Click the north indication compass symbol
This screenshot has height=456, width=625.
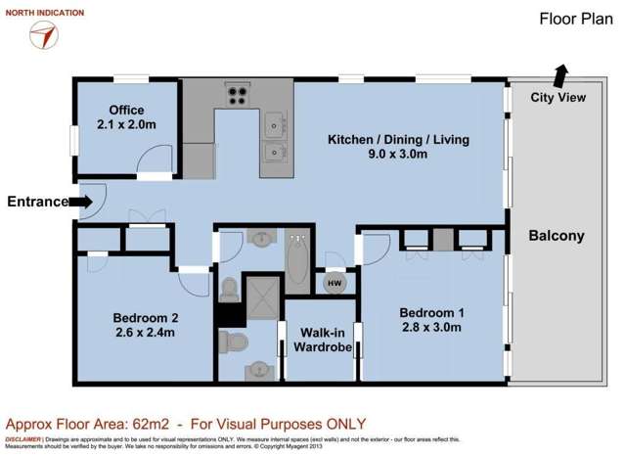coord(43,35)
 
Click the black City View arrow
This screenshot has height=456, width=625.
coord(560,75)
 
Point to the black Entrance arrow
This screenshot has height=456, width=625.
coord(83,203)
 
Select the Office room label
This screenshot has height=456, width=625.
coord(126,109)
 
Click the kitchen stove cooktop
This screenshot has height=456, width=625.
coord(238,96)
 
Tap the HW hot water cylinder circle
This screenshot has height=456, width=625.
coord(335,281)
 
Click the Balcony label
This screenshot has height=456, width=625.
coord(556,236)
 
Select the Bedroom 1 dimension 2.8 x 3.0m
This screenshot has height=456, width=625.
coord(429,328)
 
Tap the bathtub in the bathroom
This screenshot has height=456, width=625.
coord(296,256)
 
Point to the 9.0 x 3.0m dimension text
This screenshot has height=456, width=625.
coord(398,156)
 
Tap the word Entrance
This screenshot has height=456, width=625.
coord(38,203)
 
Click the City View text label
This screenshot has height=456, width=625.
coord(558,97)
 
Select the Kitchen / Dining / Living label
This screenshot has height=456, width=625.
coord(398,140)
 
